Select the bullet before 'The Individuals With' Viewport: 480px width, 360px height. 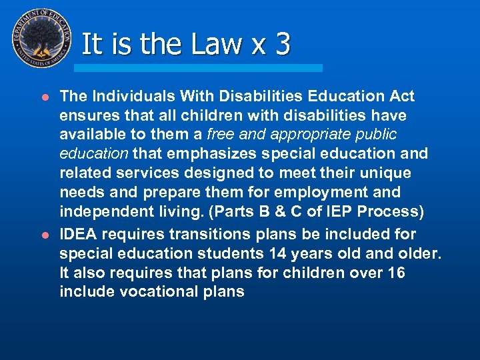coord(45,97)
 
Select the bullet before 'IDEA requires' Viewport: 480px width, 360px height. coord(45,235)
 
